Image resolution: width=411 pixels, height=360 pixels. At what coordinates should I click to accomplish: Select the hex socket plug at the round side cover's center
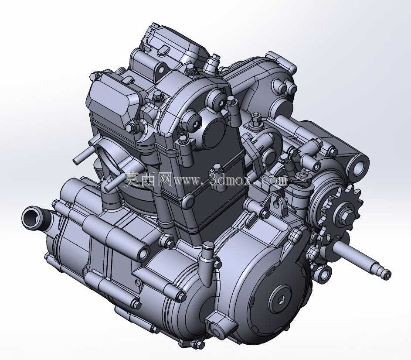(x=281, y=299)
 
